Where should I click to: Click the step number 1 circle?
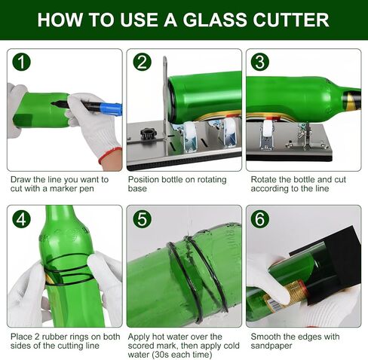(21, 62)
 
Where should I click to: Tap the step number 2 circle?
(142, 62)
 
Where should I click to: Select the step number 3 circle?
(260, 62)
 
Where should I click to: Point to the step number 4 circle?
(21, 219)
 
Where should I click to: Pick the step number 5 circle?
(142, 219)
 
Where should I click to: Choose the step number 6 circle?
(260, 219)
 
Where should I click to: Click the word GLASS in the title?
(215, 20)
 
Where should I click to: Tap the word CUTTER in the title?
(291, 20)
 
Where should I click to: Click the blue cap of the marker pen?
(111, 110)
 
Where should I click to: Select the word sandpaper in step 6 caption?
(271, 346)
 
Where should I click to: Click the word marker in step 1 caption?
(64, 188)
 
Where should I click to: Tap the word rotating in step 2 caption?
(212, 180)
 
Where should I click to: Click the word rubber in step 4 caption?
(54, 337)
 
